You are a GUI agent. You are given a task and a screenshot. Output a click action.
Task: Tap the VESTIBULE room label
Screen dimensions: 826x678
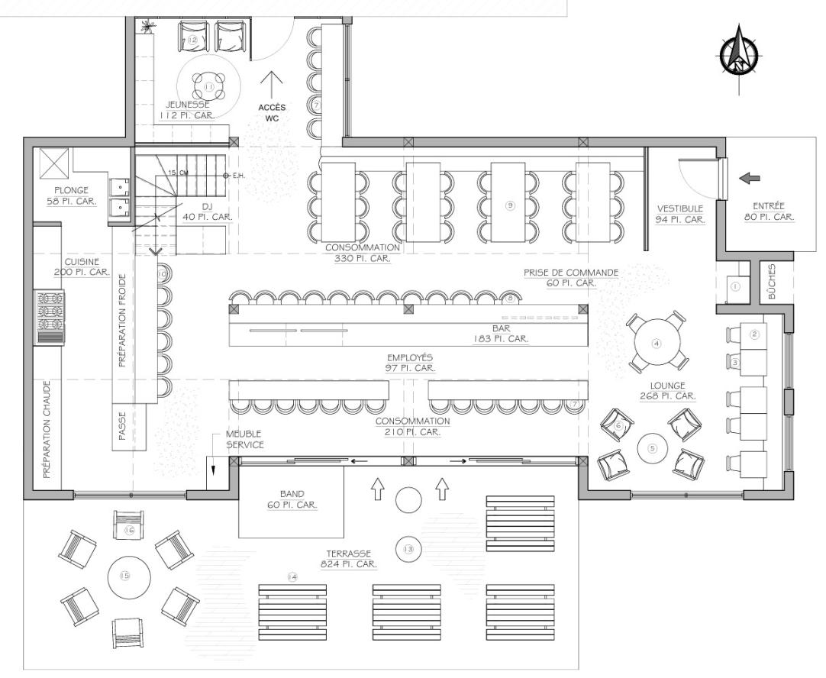680,209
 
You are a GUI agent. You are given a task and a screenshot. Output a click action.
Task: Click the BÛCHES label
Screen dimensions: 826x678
773,282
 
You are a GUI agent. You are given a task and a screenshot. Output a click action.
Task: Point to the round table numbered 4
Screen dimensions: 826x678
656,344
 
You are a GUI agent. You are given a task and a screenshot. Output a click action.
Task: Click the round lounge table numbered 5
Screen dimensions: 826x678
653,449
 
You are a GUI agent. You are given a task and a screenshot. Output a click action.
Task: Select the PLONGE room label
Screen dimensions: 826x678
72,190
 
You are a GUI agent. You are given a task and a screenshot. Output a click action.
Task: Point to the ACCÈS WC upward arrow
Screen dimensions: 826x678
272,85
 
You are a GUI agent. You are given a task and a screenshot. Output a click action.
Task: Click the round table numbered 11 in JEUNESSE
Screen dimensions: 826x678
208,86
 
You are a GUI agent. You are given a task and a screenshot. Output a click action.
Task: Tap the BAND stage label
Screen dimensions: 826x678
292,494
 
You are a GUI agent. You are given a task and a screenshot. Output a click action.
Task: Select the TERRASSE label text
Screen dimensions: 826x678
348,554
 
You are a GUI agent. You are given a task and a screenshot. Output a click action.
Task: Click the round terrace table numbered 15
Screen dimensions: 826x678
125,576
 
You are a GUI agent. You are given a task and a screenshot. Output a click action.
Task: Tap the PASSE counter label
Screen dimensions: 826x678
122,426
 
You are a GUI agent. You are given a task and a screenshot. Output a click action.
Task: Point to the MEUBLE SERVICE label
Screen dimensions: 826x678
244,439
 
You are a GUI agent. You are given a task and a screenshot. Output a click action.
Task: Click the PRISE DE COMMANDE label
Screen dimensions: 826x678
570,273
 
